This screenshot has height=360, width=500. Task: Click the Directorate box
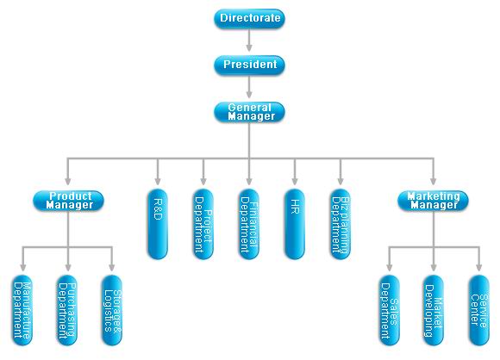[x=249, y=18]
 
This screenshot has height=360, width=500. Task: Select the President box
[x=249, y=65]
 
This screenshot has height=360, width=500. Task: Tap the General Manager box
[x=249, y=112]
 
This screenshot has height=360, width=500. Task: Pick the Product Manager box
[x=68, y=201]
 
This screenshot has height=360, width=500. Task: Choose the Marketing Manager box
[x=433, y=201]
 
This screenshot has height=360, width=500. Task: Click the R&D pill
[x=158, y=224]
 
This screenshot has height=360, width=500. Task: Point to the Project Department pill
[x=203, y=224]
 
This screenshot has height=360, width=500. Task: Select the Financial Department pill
[x=249, y=224]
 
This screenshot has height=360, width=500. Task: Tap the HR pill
[x=295, y=224]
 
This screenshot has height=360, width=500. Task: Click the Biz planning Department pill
[x=341, y=224]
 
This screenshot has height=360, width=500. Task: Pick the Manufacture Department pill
[x=22, y=310]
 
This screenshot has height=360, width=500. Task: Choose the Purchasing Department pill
[x=67, y=310]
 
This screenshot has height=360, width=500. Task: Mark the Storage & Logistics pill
[x=112, y=310]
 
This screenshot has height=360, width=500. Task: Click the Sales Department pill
[x=390, y=310]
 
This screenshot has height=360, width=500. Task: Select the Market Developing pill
[x=434, y=310]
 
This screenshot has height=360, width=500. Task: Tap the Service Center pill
[x=479, y=310]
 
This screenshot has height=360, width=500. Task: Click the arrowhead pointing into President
[x=249, y=47]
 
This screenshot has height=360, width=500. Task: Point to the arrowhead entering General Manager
[x=249, y=95]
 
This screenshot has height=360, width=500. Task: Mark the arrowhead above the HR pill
[x=295, y=181]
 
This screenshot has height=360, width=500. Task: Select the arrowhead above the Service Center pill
[x=479, y=268]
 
